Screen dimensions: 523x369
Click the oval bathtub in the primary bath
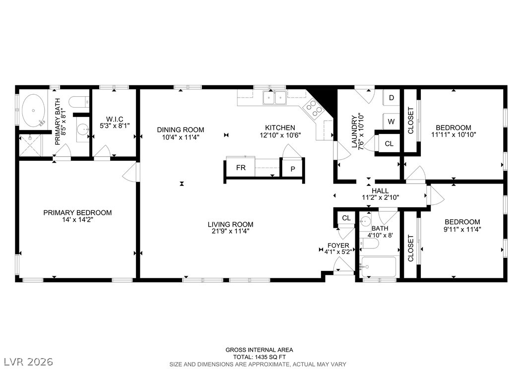[33, 111]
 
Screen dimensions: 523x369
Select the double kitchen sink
[274, 98]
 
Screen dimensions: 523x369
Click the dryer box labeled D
[392, 98]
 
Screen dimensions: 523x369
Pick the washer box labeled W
[391, 122]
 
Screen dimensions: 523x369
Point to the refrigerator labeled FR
[241, 168]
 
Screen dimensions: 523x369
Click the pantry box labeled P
[293, 169]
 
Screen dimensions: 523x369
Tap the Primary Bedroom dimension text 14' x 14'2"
[77, 220]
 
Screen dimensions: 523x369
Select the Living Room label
[230, 224]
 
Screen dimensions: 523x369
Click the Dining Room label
[181, 129]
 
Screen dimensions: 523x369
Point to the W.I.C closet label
[115, 119]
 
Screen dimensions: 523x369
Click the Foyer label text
[338, 246]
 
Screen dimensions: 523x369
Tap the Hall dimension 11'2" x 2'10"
[381, 197]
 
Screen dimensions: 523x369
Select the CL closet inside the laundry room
[389, 144]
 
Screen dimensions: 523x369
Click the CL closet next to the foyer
[346, 218]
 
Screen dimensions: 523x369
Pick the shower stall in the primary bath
[31, 145]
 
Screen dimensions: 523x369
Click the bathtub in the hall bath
[379, 267]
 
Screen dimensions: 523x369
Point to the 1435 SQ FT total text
[259, 357]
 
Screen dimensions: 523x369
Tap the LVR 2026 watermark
[29, 362]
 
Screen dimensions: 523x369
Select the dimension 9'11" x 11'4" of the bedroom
[462, 229]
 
